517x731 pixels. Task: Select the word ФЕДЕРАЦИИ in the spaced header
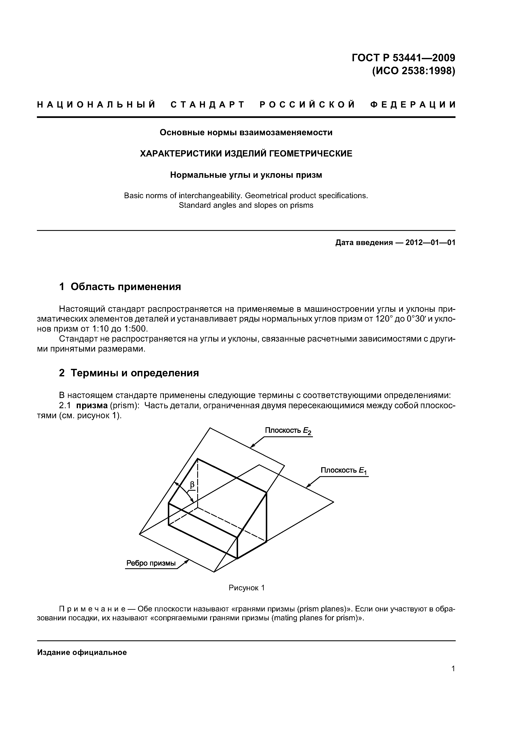413,105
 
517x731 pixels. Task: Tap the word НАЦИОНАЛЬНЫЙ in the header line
96,105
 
